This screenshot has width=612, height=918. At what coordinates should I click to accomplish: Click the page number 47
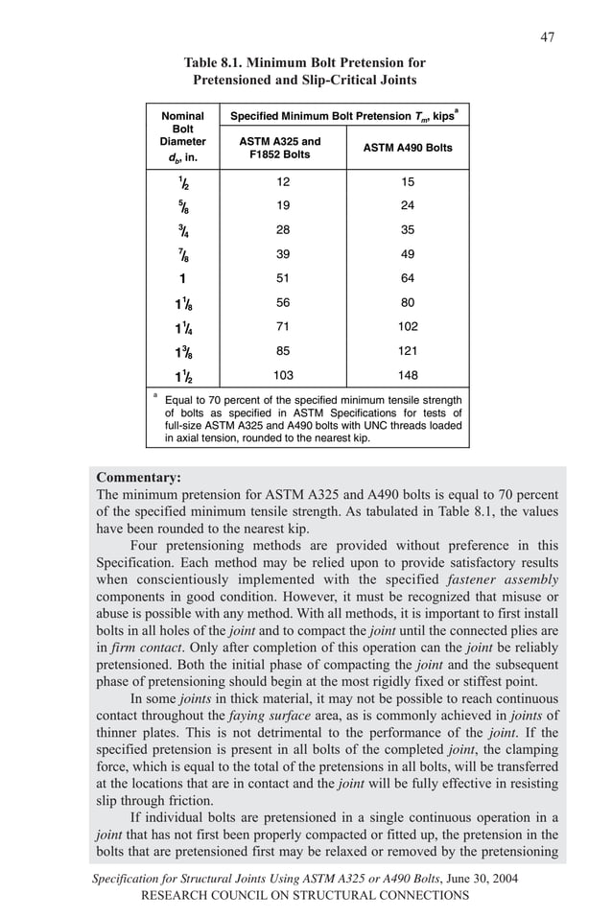click(x=547, y=37)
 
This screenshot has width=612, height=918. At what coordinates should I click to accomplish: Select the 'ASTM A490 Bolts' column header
click(x=408, y=148)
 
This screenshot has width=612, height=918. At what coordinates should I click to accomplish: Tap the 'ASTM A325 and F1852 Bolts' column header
click(x=279, y=148)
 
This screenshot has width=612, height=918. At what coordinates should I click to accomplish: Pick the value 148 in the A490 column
click(x=408, y=375)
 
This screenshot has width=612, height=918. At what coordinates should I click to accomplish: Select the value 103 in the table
click(x=282, y=375)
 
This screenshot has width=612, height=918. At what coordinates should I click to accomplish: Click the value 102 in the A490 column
click(x=408, y=326)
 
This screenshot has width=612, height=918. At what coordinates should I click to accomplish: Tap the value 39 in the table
click(x=282, y=254)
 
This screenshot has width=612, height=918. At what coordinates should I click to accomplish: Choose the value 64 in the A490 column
click(x=408, y=278)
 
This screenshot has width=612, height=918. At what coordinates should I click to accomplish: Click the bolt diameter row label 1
click(x=181, y=279)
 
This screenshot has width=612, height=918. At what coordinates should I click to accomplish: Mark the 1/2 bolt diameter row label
click(x=181, y=183)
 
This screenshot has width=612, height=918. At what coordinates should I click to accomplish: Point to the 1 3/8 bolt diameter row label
click(x=182, y=351)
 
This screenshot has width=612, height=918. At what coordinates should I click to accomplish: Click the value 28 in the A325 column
click(x=282, y=230)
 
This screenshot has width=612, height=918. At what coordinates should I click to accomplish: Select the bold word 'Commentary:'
click(x=139, y=477)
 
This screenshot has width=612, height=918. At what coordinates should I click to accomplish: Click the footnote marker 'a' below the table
click(x=154, y=394)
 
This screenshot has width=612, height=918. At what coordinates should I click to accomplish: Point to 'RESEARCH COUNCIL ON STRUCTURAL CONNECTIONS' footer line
click(x=305, y=895)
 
